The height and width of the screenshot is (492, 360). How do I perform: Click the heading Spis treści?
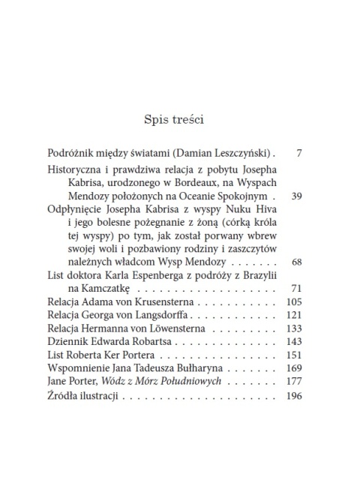(180, 118)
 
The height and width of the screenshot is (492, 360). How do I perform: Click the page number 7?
(298, 154)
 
